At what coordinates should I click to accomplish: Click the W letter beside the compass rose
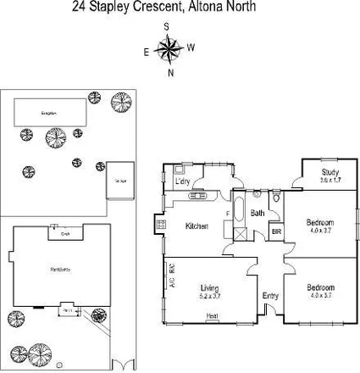point(191,47)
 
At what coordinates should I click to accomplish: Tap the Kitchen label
point(197,225)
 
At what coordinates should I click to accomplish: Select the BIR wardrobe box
point(275,231)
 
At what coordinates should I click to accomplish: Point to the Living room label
point(208,288)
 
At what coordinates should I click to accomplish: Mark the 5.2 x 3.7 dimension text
point(208,296)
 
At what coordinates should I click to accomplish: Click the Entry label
point(270,295)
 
